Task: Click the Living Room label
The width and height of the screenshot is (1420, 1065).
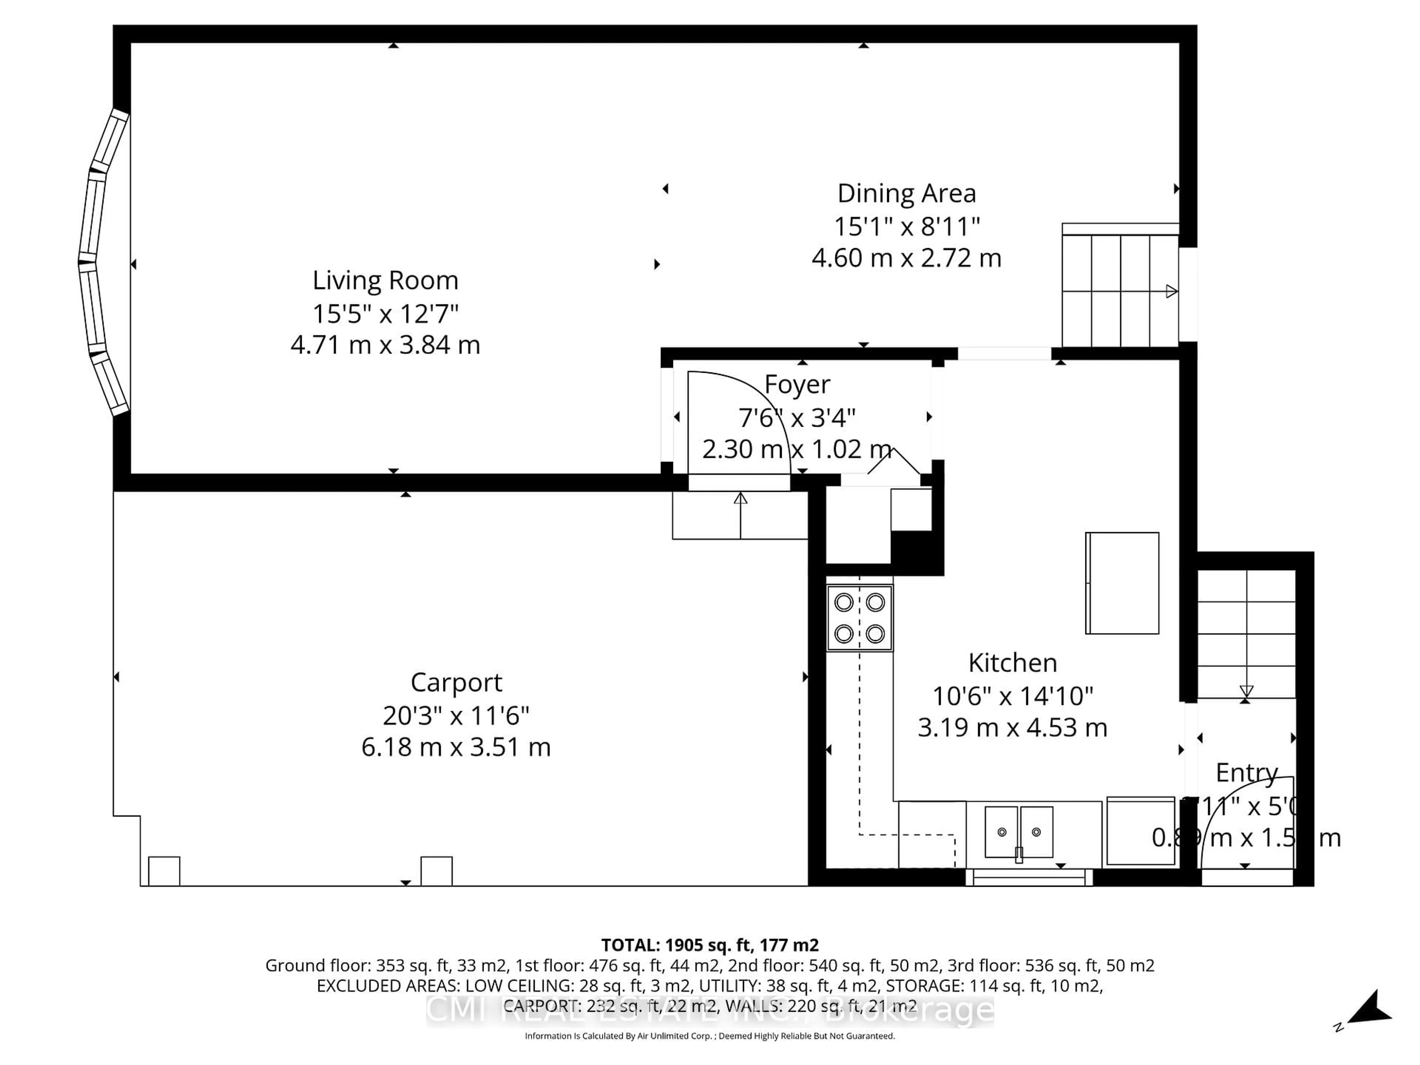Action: click(x=385, y=281)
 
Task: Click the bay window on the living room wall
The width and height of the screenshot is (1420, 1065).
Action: click(x=103, y=263)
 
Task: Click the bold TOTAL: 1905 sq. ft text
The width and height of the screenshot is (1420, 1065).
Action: click(x=709, y=945)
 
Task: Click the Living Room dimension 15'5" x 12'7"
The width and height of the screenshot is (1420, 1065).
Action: click(x=385, y=314)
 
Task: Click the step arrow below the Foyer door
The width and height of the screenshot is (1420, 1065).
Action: click(x=740, y=514)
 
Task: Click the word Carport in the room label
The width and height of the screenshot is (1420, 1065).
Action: click(x=456, y=682)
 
